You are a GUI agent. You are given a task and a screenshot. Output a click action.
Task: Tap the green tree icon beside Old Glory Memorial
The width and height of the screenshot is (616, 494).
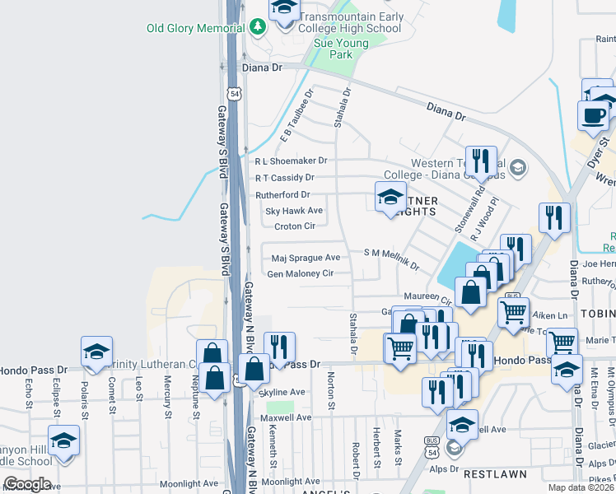(259, 27)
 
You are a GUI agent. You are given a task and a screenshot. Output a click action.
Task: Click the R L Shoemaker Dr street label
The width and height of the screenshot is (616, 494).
(291, 161)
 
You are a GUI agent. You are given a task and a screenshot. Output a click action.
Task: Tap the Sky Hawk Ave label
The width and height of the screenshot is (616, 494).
(293, 211)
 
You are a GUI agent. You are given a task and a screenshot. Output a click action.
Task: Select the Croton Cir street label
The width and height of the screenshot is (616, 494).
(295, 226)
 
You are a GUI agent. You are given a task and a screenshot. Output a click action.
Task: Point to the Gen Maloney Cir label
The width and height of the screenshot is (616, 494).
(300, 273)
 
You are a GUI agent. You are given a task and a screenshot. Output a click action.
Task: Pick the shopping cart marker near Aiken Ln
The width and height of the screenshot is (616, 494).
(514, 312)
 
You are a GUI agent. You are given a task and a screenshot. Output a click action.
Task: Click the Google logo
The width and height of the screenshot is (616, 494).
(27, 483)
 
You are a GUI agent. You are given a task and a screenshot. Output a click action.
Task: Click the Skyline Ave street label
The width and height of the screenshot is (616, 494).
(282, 392)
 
